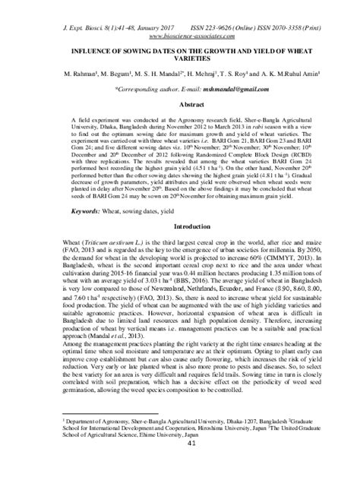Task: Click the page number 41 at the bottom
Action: coord(180,466)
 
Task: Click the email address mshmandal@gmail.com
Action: coord(215,90)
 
